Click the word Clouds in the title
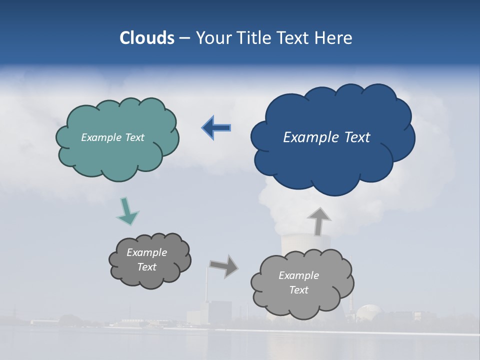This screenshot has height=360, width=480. click(x=147, y=38)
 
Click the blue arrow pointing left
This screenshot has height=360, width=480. click(x=217, y=128)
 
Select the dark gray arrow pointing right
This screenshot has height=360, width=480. click(x=224, y=266)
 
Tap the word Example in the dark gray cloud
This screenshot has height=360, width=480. click(x=146, y=252)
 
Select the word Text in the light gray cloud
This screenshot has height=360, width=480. click(x=299, y=290)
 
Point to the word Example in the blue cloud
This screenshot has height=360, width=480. click(x=310, y=137)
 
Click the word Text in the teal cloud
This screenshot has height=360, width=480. click(x=134, y=137)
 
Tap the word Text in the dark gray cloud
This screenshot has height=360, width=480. click(x=147, y=267)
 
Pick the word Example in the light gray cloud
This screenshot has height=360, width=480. click(x=298, y=275)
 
